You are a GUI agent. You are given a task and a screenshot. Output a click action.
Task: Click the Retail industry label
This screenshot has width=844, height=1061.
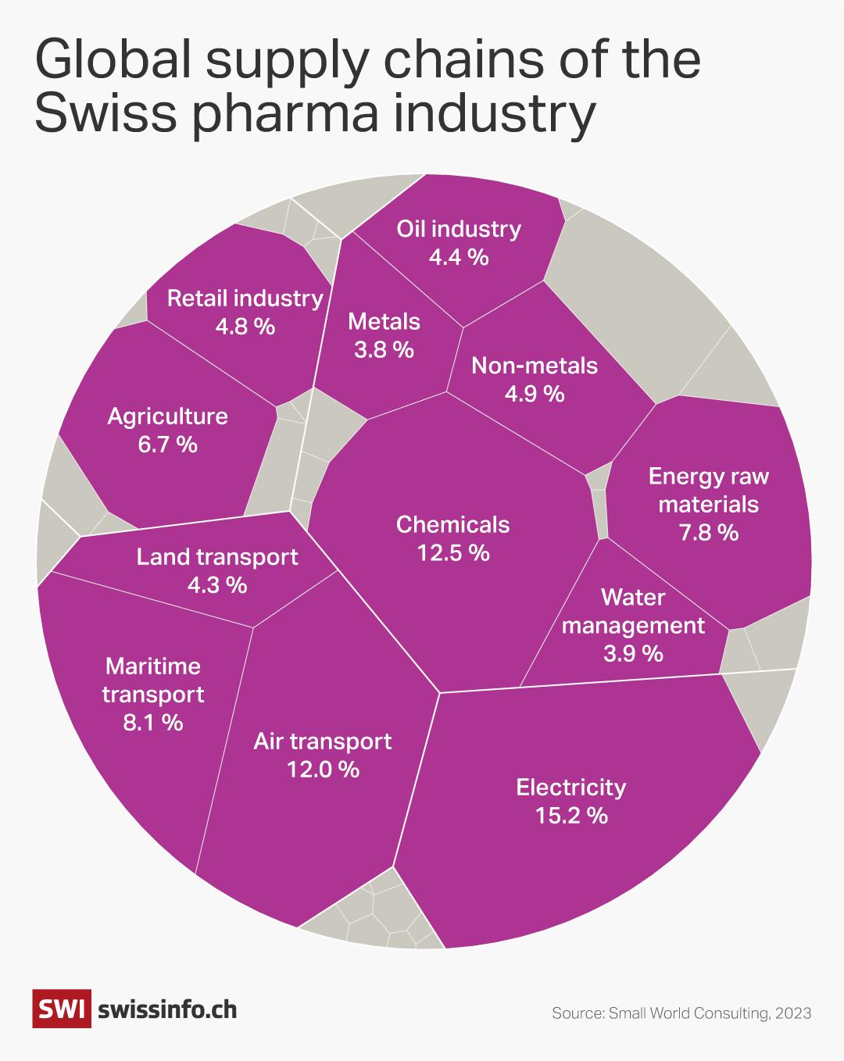(x=245, y=298)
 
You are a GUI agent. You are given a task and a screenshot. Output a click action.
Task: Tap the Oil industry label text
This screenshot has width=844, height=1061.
(x=458, y=229)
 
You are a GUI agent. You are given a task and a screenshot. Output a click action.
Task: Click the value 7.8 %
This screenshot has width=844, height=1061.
(x=708, y=533)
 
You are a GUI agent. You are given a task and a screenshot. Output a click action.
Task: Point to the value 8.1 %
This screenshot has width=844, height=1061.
(x=152, y=722)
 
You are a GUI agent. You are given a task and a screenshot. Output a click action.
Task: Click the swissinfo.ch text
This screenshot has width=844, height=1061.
(x=167, y=1009)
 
